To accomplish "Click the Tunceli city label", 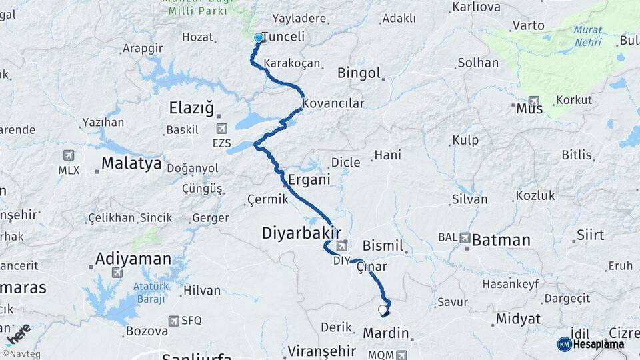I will pos(283,37).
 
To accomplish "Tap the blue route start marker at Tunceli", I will pos(259,39).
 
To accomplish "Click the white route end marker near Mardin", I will pos(383,310).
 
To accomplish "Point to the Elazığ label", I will pos(191,107).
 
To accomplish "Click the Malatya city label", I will pos(131,163).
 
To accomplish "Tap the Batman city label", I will pos(501,240).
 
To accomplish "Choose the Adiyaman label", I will pos(133,258).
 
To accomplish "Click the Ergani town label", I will pos(309,179).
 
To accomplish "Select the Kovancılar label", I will pos(333,103).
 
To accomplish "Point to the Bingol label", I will pos(359,73).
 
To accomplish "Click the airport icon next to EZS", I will pos(221,129).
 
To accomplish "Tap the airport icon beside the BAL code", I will pos(465,237).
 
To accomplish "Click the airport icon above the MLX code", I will pos(69,155).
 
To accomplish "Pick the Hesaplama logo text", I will pos(598,345).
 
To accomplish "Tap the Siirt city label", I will pos(590,235).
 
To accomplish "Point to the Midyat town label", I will pos(518,319).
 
